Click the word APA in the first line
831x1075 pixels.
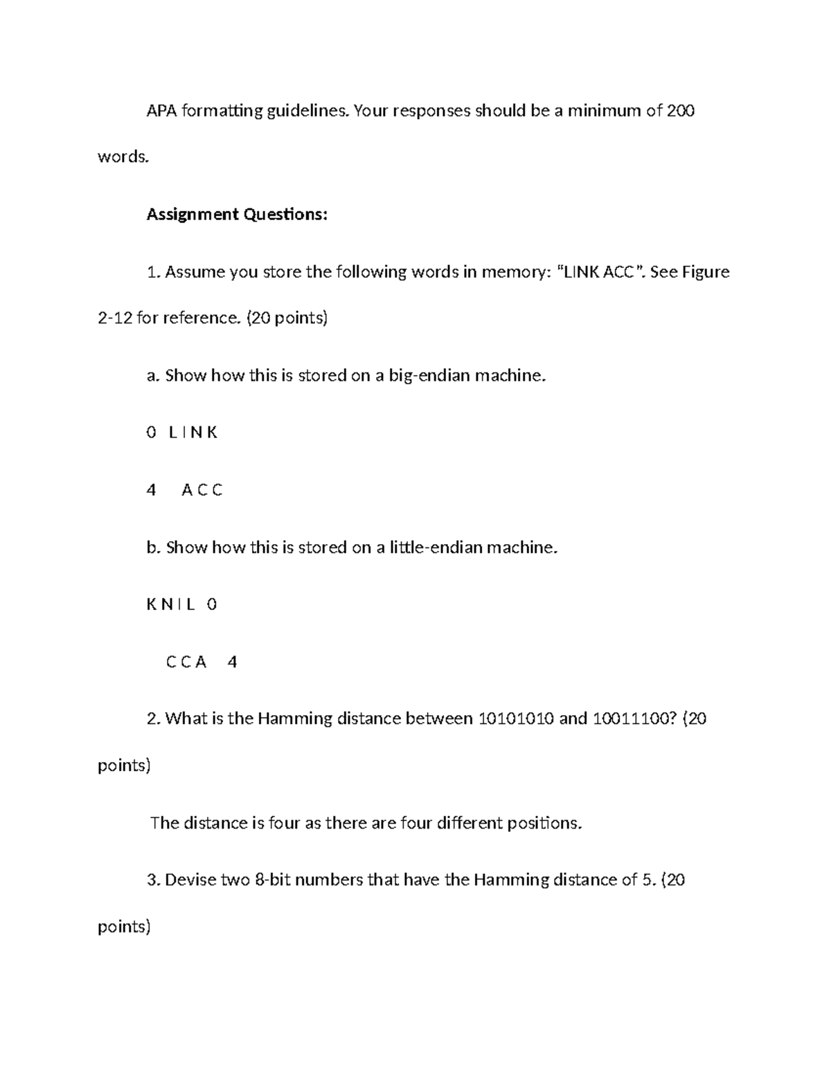pos(162,111)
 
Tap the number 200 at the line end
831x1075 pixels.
pos(680,111)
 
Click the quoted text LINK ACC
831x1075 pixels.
pos(599,272)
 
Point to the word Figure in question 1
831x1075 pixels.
pos(706,272)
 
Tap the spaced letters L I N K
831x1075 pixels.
pos(193,433)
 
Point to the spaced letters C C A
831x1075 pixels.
pos(186,662)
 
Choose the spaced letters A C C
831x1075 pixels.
pos(202,490)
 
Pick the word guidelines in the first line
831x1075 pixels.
pos(304,111)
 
